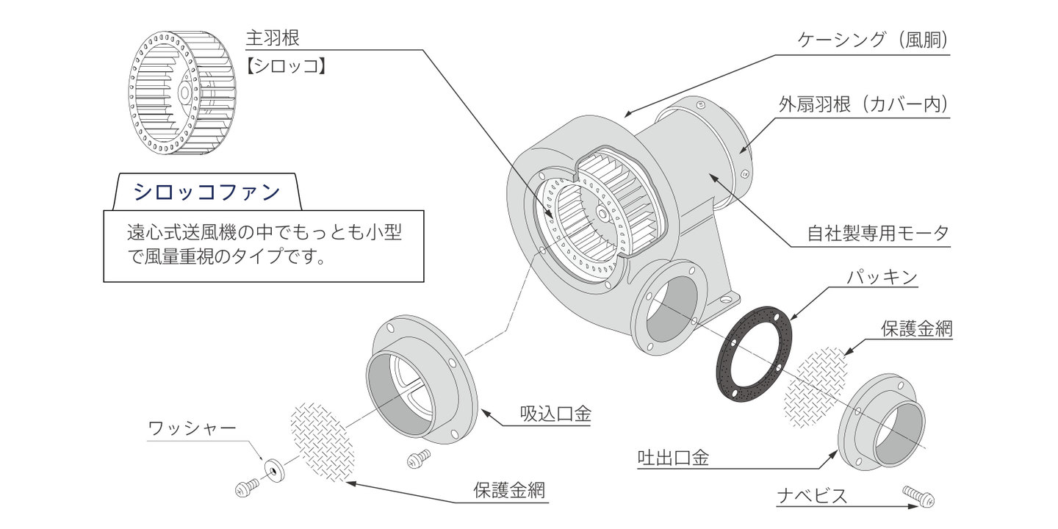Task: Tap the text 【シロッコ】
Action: pos(285,66)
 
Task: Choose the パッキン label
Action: pos(881,278)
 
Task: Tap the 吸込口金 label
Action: pos(555,414)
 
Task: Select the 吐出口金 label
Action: pos(673,458)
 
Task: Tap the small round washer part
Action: pos(274,468)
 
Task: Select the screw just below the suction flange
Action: pos(419,459)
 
